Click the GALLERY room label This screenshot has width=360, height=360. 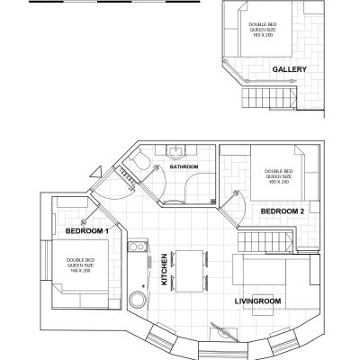[289, 69]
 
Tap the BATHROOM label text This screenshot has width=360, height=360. [184, 166]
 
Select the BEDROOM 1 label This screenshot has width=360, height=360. [87, 231]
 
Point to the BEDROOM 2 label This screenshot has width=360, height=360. [283, 211]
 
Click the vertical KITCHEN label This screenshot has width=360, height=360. [165, 269]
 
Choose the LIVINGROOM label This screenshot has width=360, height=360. [257, 301]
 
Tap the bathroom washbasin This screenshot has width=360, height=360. [175, 151]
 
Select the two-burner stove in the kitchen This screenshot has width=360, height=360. [137, 247]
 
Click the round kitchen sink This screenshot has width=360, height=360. [138, 299]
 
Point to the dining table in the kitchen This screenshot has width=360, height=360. [189, 271]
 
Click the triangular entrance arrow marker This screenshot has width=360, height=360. [97, 173]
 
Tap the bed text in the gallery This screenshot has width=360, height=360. [263, 30]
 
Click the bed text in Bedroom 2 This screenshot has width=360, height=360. [278, 176]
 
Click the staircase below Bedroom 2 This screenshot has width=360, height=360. [265, 241]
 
